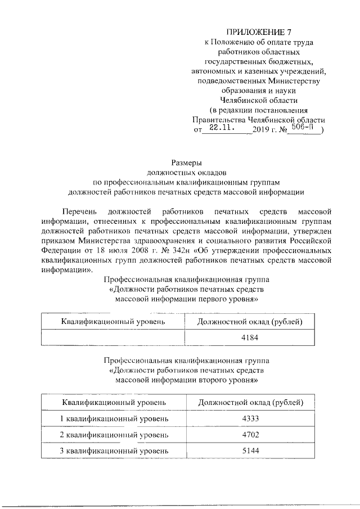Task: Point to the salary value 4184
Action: pyautogui.click(x=249, y=337)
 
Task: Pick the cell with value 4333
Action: pyautogui.click(x=249, y=420)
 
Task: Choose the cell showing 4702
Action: pyautogui.click(x=249, y=435)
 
